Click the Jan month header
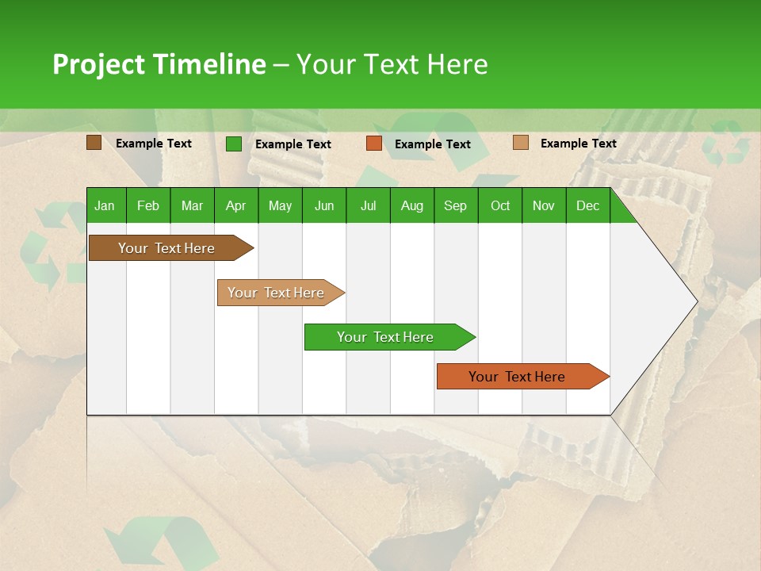point(105,205)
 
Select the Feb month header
point(148,205)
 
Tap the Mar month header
point(192,205)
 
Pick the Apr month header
point(235,205)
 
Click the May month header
point(280,205)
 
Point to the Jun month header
point(324,205)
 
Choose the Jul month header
point(368,205)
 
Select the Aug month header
point(411,205)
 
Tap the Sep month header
point(455,205)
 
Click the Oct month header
point(500,205)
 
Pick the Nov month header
point(544,205)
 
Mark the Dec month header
point(587,205)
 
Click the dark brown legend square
point(94,143)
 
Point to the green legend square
point(234,144)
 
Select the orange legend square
point(374,144)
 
